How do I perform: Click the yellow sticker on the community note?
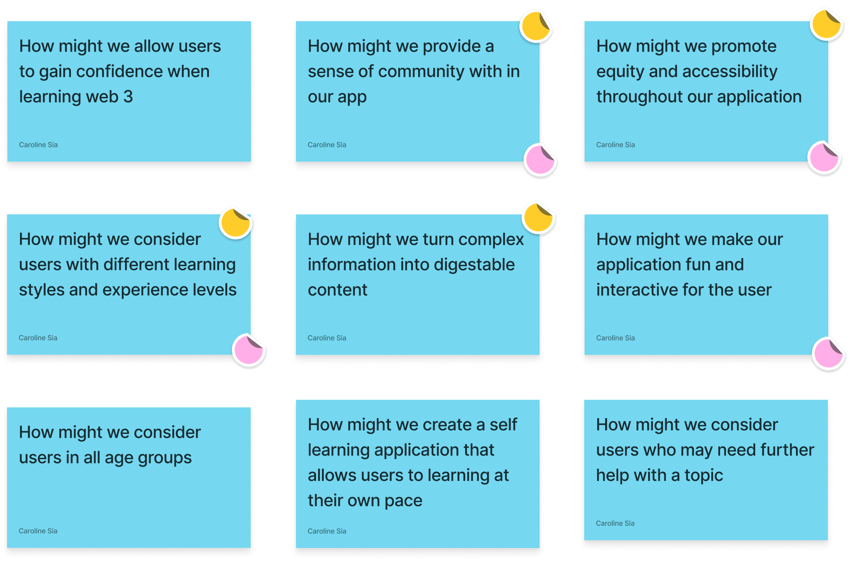[535, 26]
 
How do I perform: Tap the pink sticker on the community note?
[540, 160]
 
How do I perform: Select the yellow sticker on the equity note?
[826, 24]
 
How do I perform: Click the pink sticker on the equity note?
[824, 158]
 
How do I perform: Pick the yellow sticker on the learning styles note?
[235, 223]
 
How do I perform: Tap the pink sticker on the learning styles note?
[249, 350]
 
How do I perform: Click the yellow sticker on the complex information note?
[538, 218]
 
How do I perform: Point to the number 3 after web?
[128, 97]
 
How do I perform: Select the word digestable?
[474, 265]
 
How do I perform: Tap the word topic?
[704, 475]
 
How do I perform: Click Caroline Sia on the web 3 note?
[38, 145]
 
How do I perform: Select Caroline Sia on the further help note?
[615, 523]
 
